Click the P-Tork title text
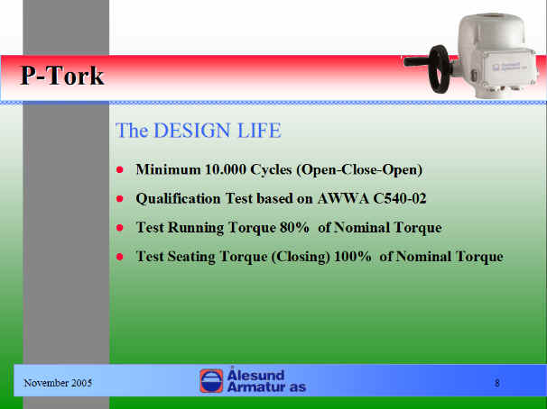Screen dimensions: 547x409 [62, 75]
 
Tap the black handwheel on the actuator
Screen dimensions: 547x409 [440, 69]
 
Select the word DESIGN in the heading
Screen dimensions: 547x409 [192, 131]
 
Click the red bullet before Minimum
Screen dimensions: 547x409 [120, 170]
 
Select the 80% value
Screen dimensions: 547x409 [294, 228]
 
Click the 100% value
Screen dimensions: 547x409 [352, 257]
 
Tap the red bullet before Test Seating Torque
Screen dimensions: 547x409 [120, 257]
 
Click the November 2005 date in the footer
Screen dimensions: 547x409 [58, 383]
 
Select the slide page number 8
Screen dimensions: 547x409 [497, 383]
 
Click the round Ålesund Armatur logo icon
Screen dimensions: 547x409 [211, 381]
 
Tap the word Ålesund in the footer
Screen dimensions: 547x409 [255, 374]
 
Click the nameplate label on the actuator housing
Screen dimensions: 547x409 [506, 67]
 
